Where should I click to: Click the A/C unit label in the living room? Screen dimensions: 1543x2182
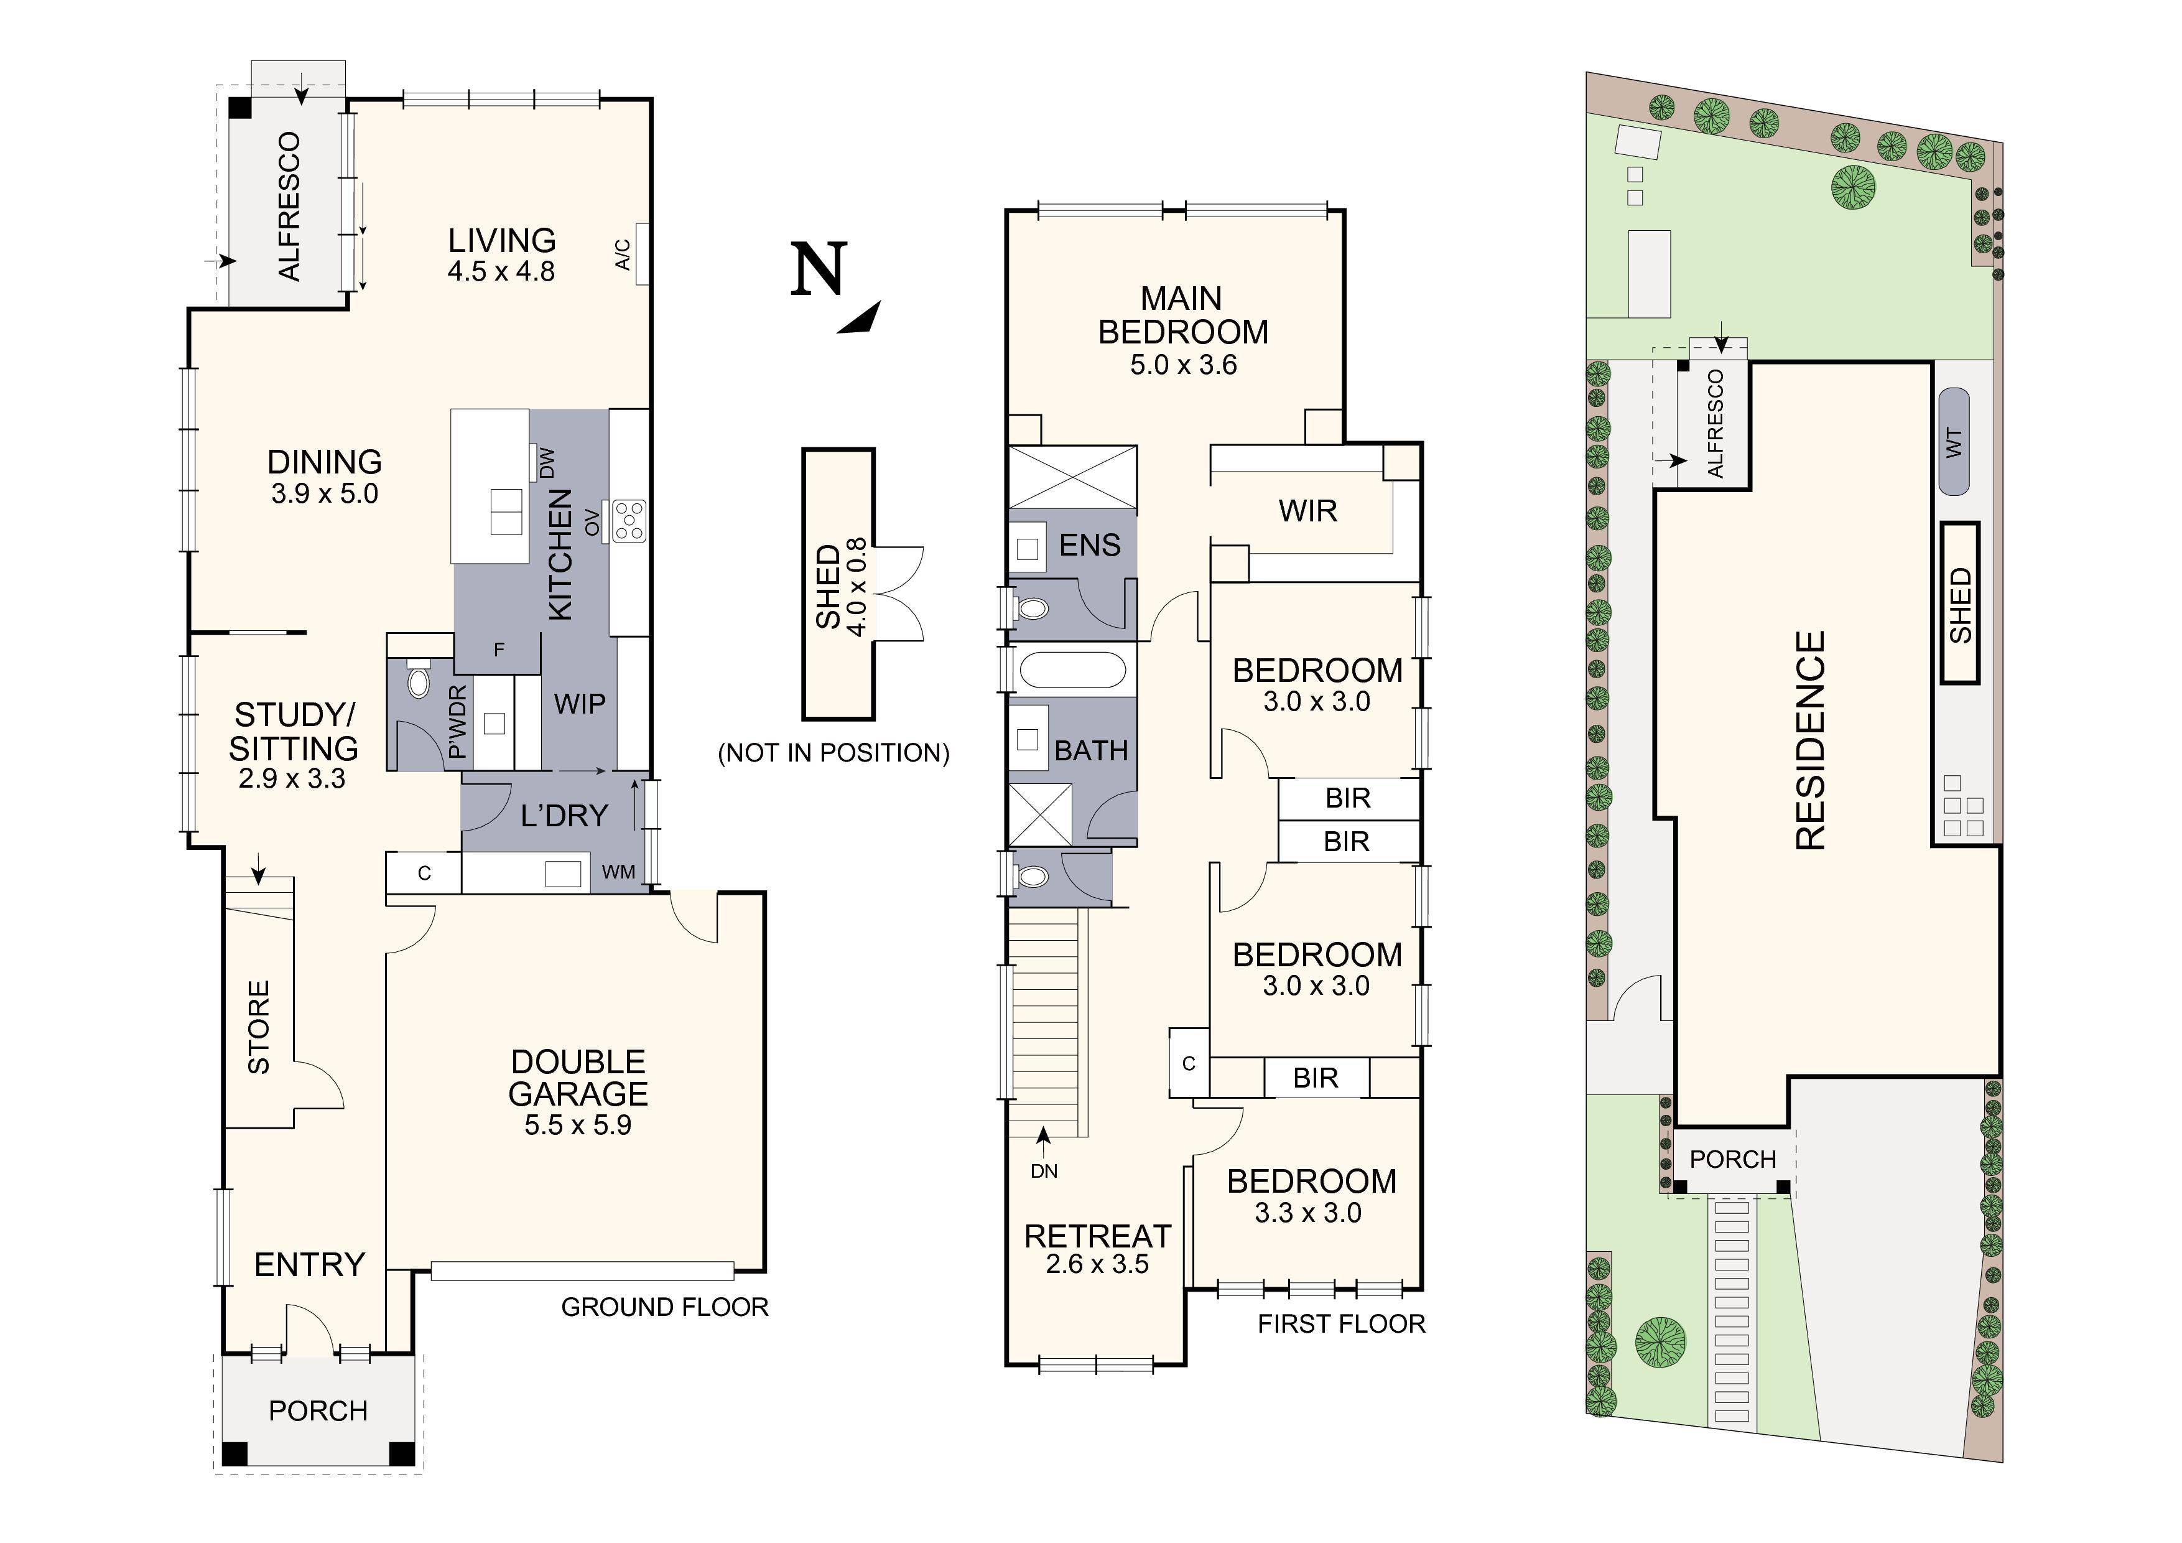tap(623, 255)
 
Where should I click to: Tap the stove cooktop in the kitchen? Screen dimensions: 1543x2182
tap(629, 521)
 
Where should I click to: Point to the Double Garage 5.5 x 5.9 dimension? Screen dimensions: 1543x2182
tap(578, 1126)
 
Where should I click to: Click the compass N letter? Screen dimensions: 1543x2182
tap(819, 270)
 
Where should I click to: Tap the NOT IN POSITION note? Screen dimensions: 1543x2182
tap(833, 753)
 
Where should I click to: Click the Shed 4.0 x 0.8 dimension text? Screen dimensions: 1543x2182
tap(857, 587)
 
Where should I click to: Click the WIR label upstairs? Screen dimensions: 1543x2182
tap(1307, 511)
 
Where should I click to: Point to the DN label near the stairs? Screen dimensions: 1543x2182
tap(1044, 1172)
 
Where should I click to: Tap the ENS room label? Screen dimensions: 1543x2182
tap(1090, 546)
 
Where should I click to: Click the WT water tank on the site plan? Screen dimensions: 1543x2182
tap(1954, 442)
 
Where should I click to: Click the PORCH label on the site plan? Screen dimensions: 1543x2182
tap(1732, 1160)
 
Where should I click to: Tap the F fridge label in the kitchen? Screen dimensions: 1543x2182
tap(499, 650)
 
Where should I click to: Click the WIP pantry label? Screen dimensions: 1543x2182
tap(580, 704)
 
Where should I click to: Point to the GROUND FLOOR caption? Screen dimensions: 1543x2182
tap(664, 1307)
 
